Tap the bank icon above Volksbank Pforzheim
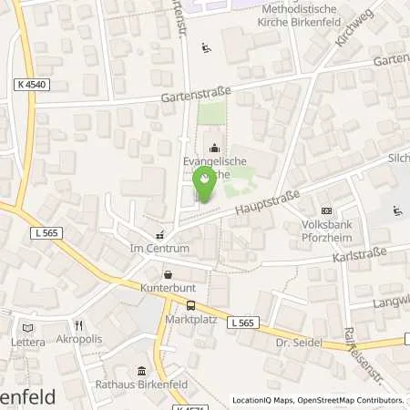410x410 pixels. (327, 210)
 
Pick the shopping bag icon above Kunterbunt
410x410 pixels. (167, 273)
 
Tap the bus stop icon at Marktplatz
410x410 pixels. (190, 306)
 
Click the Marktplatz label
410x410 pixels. (190, 321)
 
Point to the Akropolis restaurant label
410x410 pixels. (79, 342)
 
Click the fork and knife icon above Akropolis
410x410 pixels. (79, 325)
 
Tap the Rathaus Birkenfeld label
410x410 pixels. (142, 385)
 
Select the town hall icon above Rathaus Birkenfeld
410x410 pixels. (141, 370)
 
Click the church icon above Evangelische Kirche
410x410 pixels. (214, 147)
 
